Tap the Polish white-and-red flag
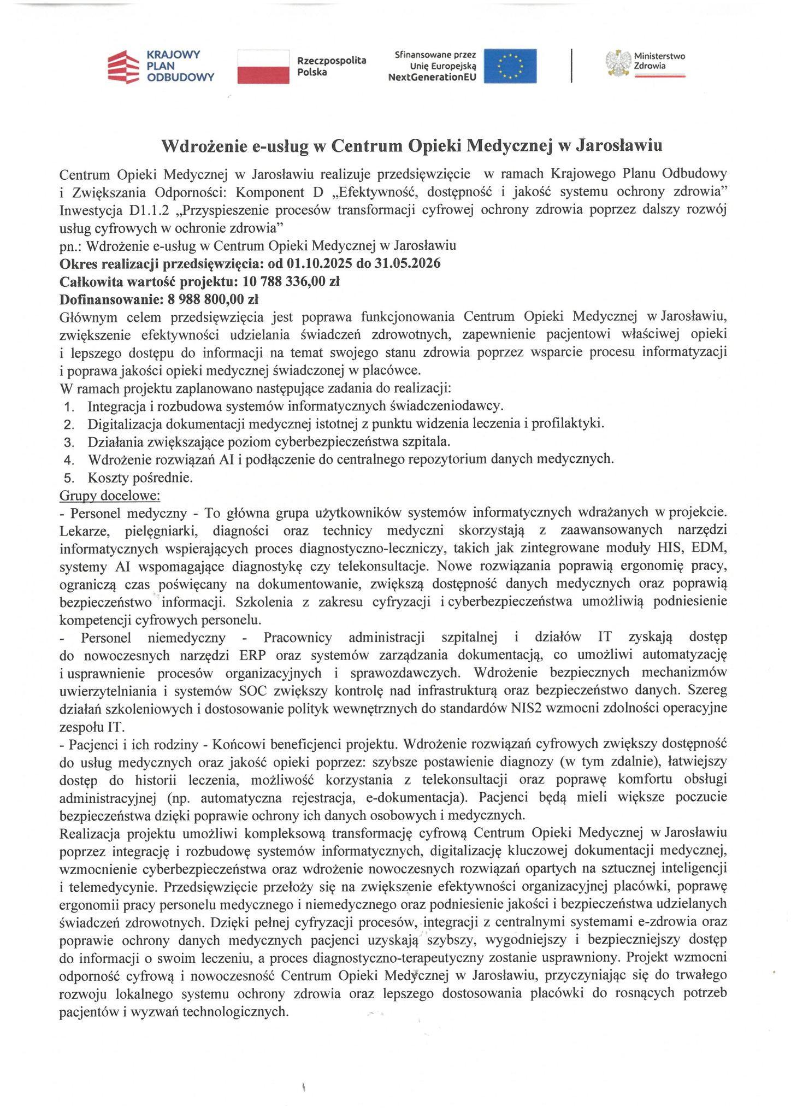(263, 66)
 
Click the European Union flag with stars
(510, 66)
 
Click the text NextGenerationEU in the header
(432, 78)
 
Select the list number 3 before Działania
(68, 442)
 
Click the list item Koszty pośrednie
(140, 478)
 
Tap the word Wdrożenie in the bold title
(203, 146)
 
